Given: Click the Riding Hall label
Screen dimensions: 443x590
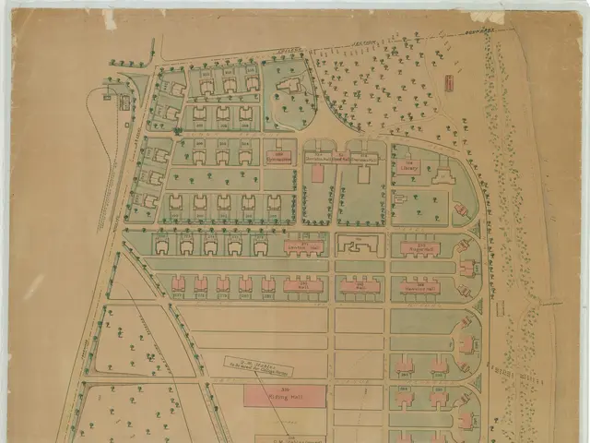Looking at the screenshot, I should [x=284, y=396].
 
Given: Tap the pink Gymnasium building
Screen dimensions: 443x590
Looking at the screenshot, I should [x=278, y=157].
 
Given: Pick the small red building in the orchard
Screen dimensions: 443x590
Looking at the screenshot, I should [x=449, y=82].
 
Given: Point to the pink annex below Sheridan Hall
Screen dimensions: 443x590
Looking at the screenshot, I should [x=318, y=173].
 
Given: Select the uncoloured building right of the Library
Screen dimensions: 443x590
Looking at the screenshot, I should [x=444, y=173].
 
